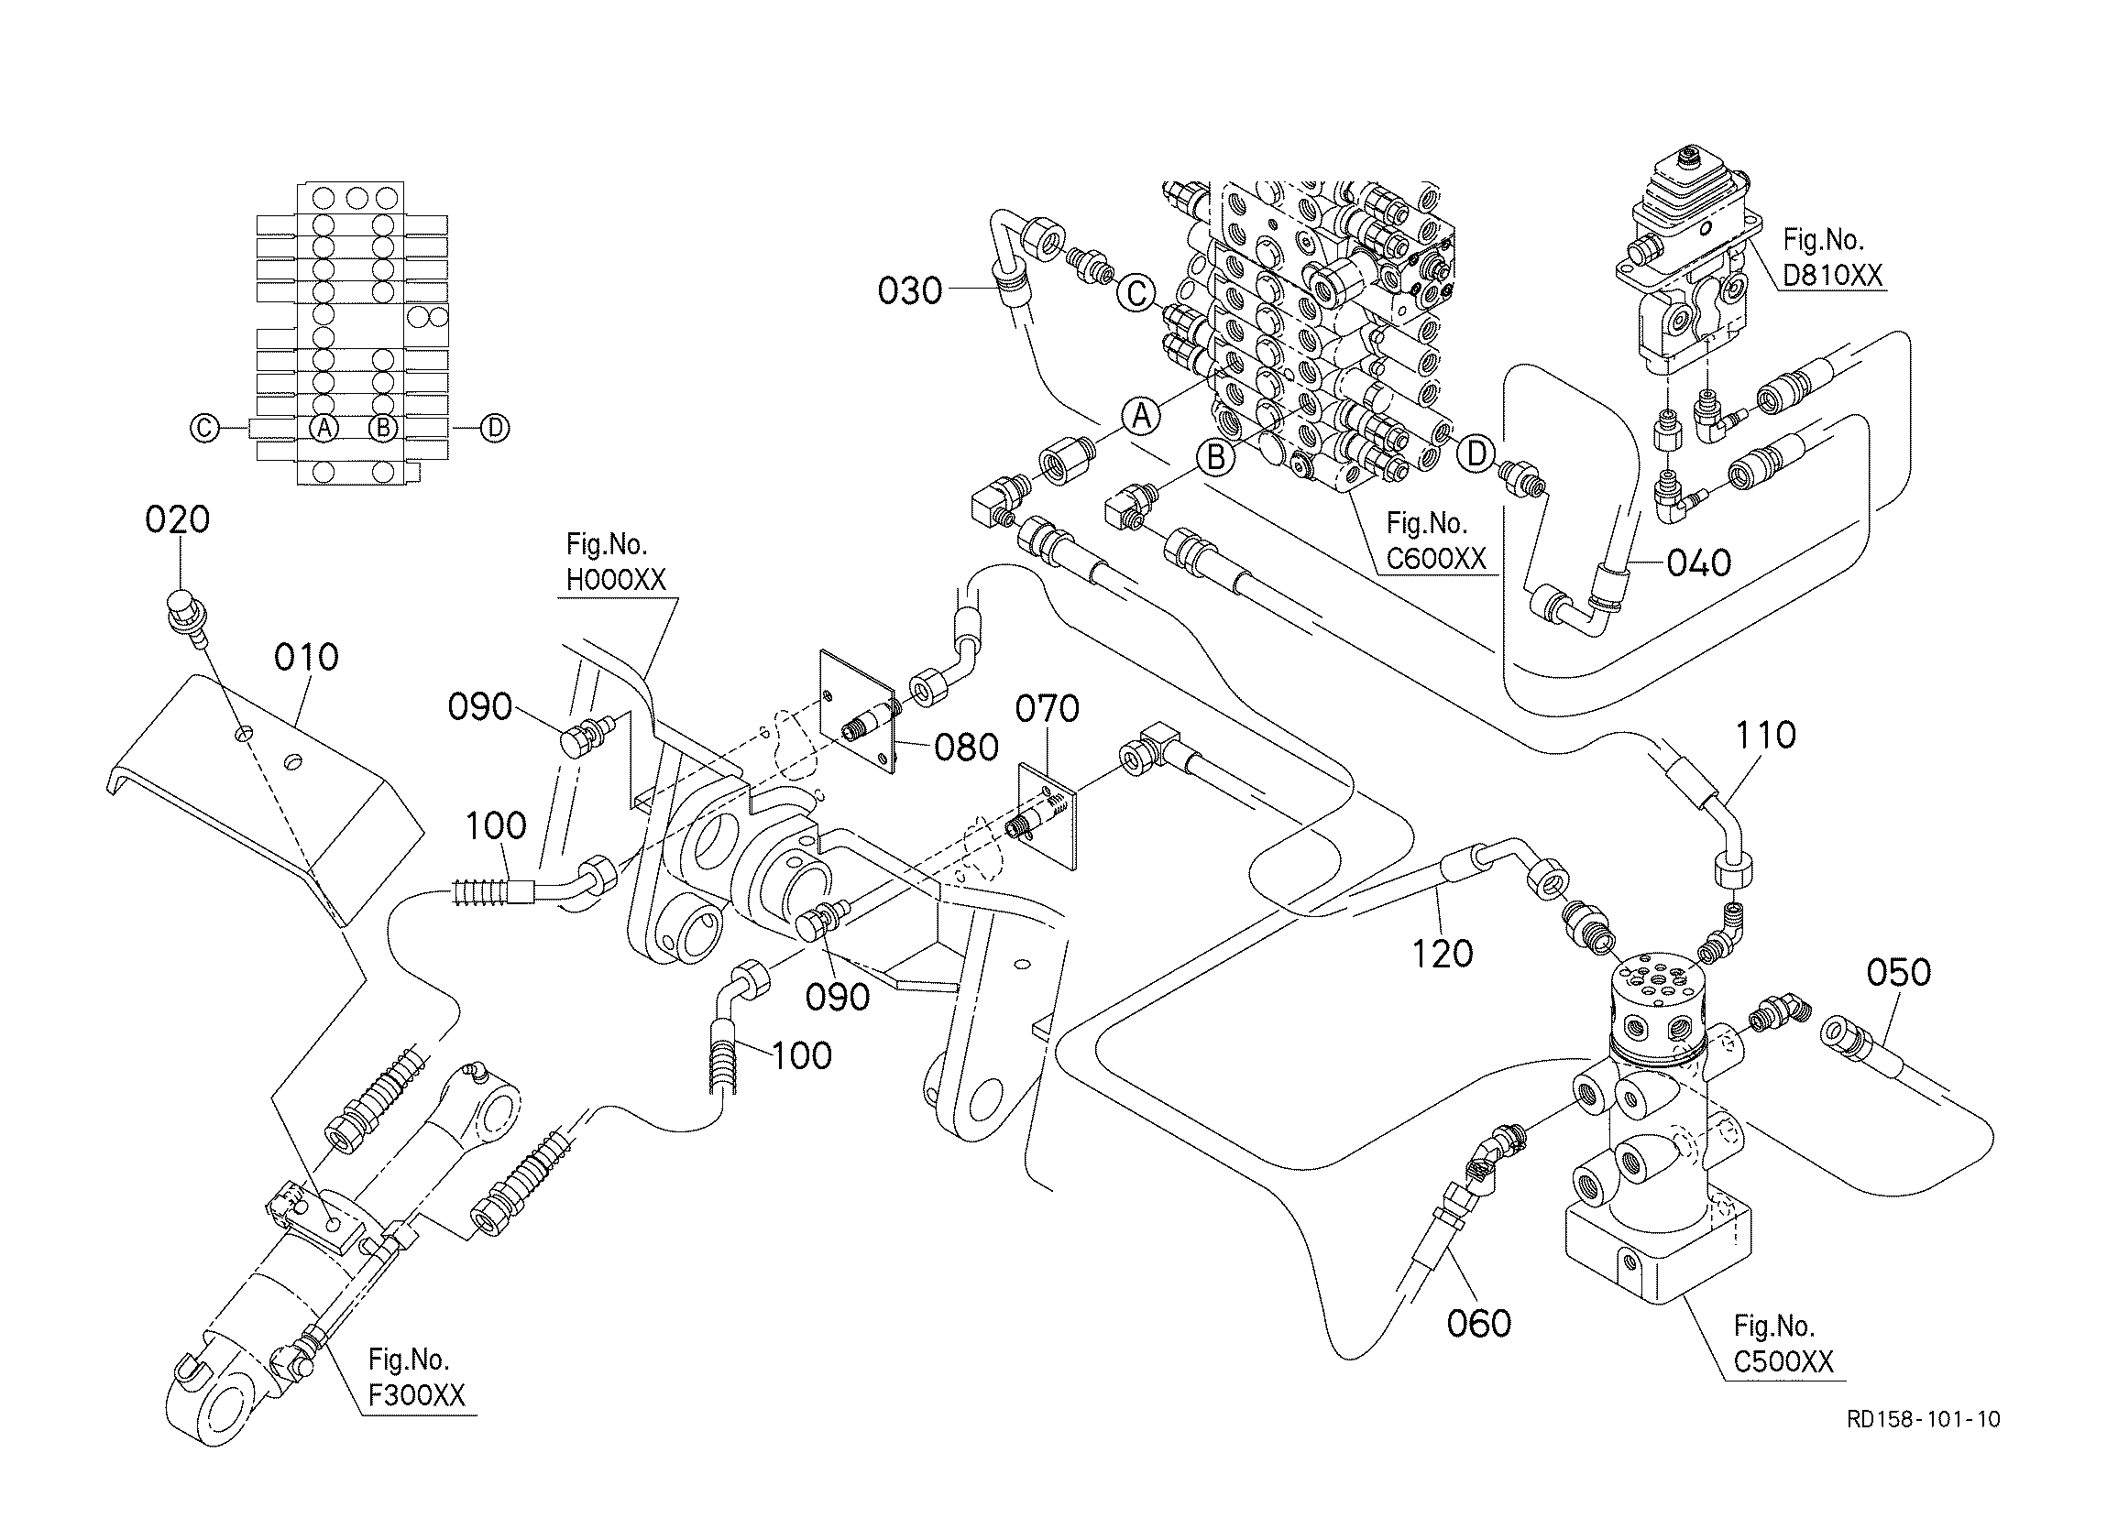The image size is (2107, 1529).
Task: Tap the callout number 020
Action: click(x=178, y=519)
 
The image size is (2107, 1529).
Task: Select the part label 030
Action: click(x=910, y=291)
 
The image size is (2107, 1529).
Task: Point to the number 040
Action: click(x=1699, y=562)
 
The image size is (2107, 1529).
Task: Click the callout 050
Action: click(x=1899, y=973)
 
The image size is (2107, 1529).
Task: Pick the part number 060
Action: click(x=1479, y=1323)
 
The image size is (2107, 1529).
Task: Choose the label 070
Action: click(x=1047, y=709)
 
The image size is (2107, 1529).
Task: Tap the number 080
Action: click(x=966, y=747)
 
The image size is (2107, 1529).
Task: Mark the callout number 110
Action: click(x=1765, y=735)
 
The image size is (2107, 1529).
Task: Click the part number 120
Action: click(x=1442, y=954)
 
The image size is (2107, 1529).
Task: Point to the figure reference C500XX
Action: click(x=1783, y=1361)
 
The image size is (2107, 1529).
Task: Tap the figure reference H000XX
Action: click(x=616, y=580)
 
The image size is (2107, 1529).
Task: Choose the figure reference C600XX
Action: click(x=1436, y=558)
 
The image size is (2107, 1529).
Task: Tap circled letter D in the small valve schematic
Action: click(x=496, y=427)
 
